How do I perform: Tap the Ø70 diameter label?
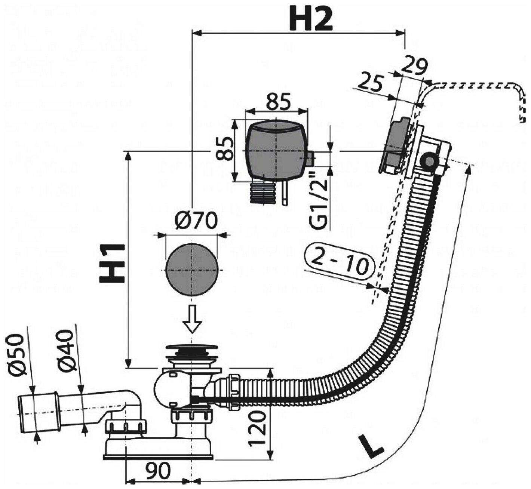click(x=195, y=221)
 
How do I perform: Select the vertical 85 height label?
click(x=224, y=148)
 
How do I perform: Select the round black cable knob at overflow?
click(x=428, y=161)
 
